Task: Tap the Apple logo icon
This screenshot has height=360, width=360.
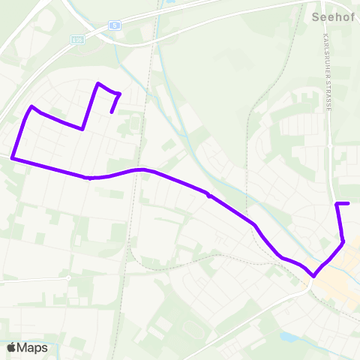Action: [x=11, y=347]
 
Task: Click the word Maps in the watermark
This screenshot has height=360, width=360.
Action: [x=32, y=347]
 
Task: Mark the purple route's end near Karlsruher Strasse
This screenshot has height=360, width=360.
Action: [x=349, y=203]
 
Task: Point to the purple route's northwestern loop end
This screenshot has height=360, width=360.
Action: [x=112, y=112]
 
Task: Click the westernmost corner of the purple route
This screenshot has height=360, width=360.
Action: [x=12, y=157]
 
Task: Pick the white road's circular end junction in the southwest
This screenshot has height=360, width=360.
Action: [x=68, y=277]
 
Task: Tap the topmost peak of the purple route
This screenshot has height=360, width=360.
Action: [x=97, y=83]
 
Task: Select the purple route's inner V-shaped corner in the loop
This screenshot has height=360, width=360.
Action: [x=82, y=129]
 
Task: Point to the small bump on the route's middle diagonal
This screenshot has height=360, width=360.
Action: [x=208, y=196]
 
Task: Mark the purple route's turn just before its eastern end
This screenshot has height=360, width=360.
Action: [x=337, y=204]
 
